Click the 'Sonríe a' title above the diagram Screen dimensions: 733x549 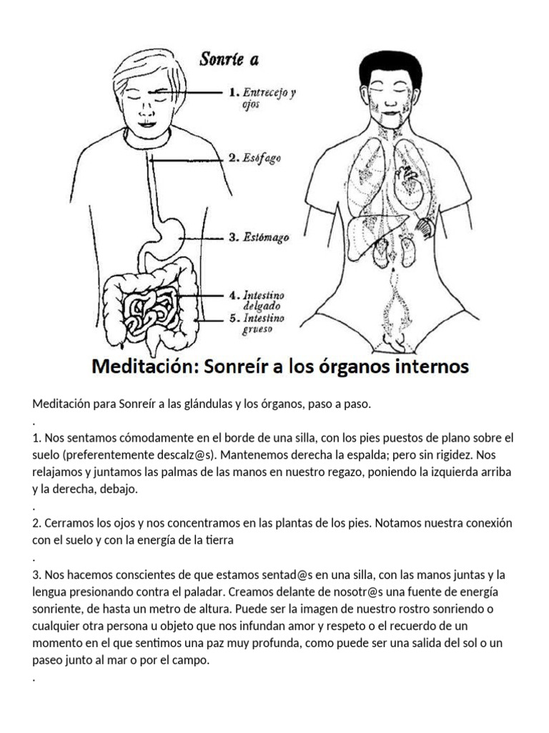[229, 59]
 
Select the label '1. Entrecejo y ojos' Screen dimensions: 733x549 [261, 97]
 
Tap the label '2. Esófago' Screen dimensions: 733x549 [254, 158]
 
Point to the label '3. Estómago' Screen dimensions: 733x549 [259, 238]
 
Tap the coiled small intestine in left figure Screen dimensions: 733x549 [148, 309]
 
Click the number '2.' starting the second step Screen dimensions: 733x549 [38, 523]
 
